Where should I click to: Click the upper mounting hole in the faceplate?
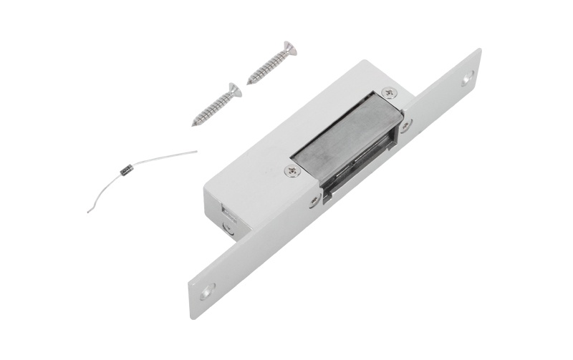pos(468,78)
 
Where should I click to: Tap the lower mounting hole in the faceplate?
pos(206,292)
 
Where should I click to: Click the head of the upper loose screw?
pos(289,49)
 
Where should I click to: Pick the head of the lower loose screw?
pos(233,90)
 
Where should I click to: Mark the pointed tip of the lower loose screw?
pos(193,125)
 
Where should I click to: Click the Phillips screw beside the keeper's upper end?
pos(389,93)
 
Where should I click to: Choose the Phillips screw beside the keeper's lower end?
pos(291,171)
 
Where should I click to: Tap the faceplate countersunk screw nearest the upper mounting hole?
pos(407,127)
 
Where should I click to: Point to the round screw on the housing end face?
pos(228,228)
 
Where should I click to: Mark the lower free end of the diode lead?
pos(88,212)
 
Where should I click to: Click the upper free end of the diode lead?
pos(196,151)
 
